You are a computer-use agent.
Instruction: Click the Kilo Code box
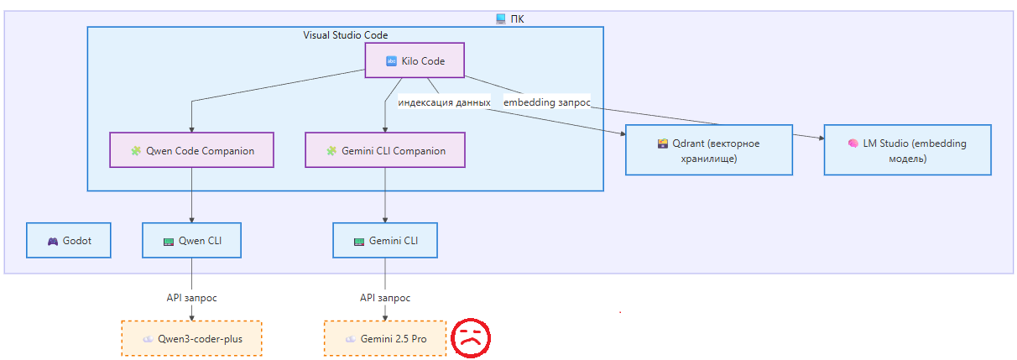tap(415, 61)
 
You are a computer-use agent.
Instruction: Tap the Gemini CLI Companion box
tap(385, 151)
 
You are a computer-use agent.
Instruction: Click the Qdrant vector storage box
tap(709, 150)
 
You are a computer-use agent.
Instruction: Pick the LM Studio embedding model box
tap(907, 150)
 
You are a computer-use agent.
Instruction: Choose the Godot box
tap(68, 241)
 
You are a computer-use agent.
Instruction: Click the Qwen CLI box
tap(192, 241)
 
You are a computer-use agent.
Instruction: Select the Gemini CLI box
tap(385, 241)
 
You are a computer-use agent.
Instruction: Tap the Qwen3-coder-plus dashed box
tap(191, 339)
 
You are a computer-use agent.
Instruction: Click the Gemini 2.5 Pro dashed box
tap(385, 339)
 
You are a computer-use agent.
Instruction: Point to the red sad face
tap(471, 337)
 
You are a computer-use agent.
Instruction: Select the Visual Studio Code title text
tap(345, 35)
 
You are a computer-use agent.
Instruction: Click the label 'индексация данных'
tap(444, 102)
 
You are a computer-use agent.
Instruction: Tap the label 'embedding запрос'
tap(547, 102)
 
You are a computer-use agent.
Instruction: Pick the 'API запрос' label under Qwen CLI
tap(192, 298)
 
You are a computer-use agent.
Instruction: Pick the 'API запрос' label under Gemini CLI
tap(385, 298)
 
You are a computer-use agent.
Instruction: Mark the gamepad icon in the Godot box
tap(53, 242)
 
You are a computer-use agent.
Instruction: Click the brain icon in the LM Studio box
tap(853, 143)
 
